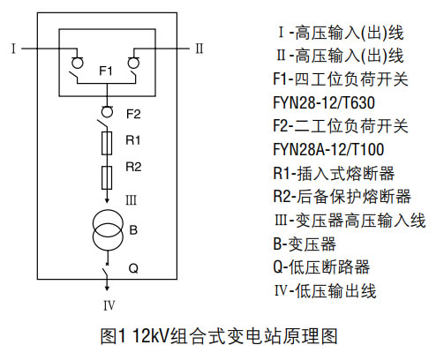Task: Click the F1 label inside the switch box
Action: pyautogui.click(x=106, y=71)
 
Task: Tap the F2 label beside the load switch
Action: pyautogui.click(x=133, y=114)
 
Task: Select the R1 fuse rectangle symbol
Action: pyautogui.click(x=107, y=143)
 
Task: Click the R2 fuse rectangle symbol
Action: pyautogui.click(x=107, y=177)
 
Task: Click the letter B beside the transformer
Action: pyautogui.click(x=133, y=230)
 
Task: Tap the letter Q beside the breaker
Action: pyautogui.click(x=133, y=268)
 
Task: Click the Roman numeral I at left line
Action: pyautogui.click(x=13, y=49)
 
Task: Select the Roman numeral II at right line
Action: pyautogui.click(x=199, y=49)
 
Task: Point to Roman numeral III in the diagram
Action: pyautogui.click(x=132, y=200)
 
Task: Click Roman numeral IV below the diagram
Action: pyautogui.click(x=109, y=306)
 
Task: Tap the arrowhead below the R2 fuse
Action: pyautogui.click(x=107, y=200)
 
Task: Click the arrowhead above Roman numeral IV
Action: pyautogui.click(x=107, y=288)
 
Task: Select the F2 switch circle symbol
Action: pyautogui.click(x=107, y=111)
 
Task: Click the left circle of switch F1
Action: pyautogui.click(x=78, y=63)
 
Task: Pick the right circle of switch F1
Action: pyautogui.click(x=133, y=63)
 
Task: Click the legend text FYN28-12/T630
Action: pyautogui.click(x=324, y=102)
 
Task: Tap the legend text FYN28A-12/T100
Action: pyautogui.click(x=328, y=149)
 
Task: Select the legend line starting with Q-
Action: pyautogui.click(x=321, y=267)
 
